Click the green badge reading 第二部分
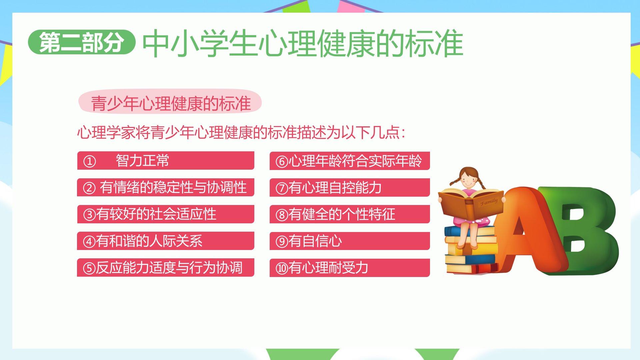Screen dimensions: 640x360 coord(82,42)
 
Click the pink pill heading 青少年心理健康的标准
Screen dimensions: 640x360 coord(170,101)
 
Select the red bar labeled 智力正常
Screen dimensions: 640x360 coord(166,161)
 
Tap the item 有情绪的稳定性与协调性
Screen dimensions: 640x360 coord(166,187)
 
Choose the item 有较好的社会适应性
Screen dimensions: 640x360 coord(166,214)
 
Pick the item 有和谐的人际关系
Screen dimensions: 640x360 coord(166,241)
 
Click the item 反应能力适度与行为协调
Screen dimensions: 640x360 coord(166,267)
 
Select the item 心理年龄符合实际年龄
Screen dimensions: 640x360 coord(350,161)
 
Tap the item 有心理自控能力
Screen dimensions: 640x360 coord(350,187)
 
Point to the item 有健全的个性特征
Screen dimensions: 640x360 coord(350,214)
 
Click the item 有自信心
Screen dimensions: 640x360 coord(350,241)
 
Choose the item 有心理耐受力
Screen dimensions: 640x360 coord(350,268)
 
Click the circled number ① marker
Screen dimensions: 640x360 coord(89,162)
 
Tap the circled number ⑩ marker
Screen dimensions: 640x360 coord(282,268)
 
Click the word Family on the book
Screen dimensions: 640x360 coord(489,202)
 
